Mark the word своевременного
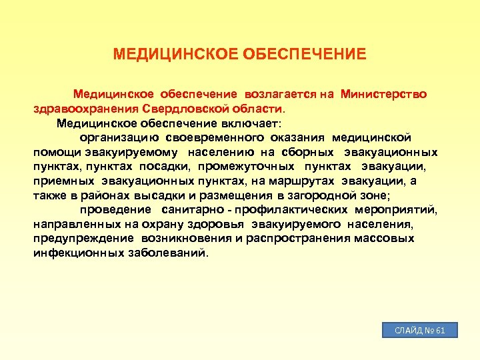coord(224,137)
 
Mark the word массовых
coord(385,239)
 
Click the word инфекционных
coord(78,253)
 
